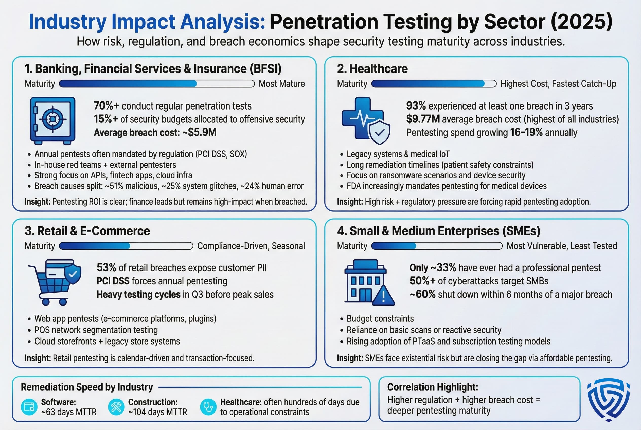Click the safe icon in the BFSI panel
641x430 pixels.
[53, 120]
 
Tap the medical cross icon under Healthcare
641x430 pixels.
[363, 118]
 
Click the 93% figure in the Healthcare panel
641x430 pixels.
[416, 106]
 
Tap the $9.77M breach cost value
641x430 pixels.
[423, 119]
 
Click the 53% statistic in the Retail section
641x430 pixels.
[106, 268]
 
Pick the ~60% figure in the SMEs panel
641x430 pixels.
[422, 294]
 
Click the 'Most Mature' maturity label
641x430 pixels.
[282, 84]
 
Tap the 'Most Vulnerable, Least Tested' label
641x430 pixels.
[561, 246]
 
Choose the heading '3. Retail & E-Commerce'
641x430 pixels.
[87, 231]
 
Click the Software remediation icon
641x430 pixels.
[29, 407]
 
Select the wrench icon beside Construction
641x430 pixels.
[116, 407]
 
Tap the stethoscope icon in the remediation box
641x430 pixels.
[208, 407]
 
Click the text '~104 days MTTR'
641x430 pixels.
[157, 412]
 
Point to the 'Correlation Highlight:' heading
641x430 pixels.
[433, 387]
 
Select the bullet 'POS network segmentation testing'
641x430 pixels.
[96, 330]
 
